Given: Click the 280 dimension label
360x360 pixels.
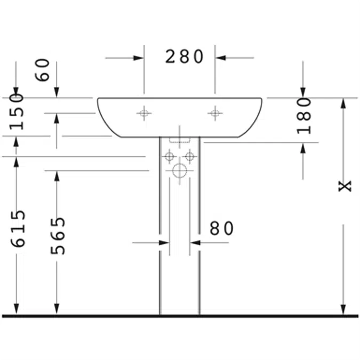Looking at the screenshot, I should (184, 57).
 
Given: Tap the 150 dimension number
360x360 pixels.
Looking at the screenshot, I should (16, 111).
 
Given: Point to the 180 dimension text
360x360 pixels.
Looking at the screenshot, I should (304, 115).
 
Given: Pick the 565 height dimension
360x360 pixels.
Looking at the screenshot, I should (57, 235).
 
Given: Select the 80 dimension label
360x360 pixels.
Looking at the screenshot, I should (221, 229).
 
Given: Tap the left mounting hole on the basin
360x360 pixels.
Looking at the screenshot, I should (144, 113).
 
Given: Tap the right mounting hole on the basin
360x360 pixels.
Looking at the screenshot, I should (215, 113).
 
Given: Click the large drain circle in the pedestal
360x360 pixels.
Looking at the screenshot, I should (179, 171).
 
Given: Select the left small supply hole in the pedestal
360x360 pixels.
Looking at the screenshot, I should (169, 156).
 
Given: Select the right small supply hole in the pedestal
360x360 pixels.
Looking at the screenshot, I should (190, 156).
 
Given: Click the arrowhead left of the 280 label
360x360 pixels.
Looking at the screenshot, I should (138, 58).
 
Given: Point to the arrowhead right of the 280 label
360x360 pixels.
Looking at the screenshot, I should (221, 58).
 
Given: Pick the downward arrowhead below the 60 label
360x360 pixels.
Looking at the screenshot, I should (57, 92).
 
